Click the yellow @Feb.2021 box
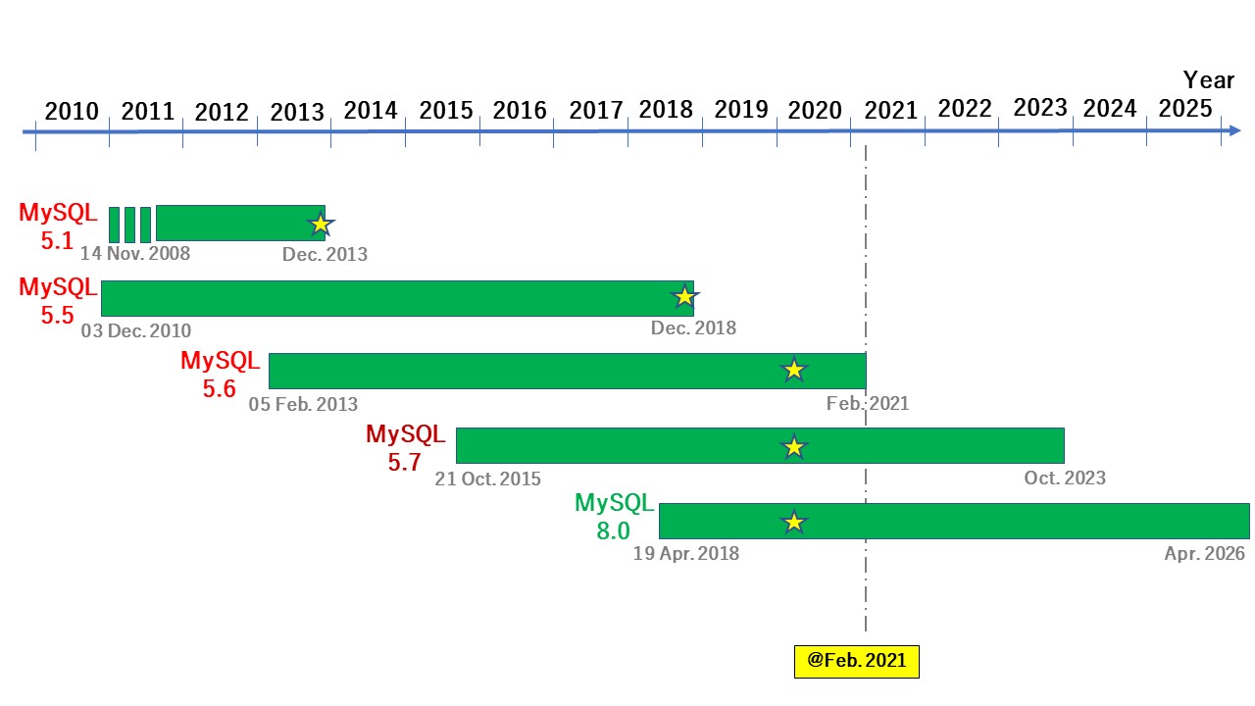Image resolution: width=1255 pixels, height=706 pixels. coord(856,661)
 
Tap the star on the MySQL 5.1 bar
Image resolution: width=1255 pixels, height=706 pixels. coord(320,225)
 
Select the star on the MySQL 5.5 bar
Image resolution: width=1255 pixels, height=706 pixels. coord(683,296)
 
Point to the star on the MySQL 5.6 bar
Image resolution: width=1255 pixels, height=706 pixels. coord(793,370)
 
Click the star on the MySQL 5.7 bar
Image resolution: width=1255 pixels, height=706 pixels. coord(793,447)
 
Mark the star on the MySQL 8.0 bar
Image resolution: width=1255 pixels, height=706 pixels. coord(793,522)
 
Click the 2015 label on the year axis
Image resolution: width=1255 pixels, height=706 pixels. coord(445,111)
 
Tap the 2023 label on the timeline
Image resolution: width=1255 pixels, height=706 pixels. coord(1039,108)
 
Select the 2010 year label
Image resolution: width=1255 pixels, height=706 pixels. coord(72,111)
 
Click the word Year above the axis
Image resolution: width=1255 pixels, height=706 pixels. coord(1208,79)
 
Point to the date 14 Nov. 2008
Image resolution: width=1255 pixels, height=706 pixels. coord(135,254)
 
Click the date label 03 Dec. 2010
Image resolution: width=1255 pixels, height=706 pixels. coord(136,330)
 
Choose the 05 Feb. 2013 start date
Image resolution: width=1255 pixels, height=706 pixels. coord(303,404)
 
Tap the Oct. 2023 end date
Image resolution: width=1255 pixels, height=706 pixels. coord(1065,479)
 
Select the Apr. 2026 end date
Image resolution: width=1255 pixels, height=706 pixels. coord(1204,554)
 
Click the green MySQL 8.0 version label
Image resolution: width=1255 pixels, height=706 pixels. coord(614,517)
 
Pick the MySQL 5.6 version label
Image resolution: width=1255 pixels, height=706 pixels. coord(220,375)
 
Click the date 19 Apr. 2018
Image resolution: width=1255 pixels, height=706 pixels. coord(686,554)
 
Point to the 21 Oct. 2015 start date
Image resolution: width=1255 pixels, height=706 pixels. coord(487,479)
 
